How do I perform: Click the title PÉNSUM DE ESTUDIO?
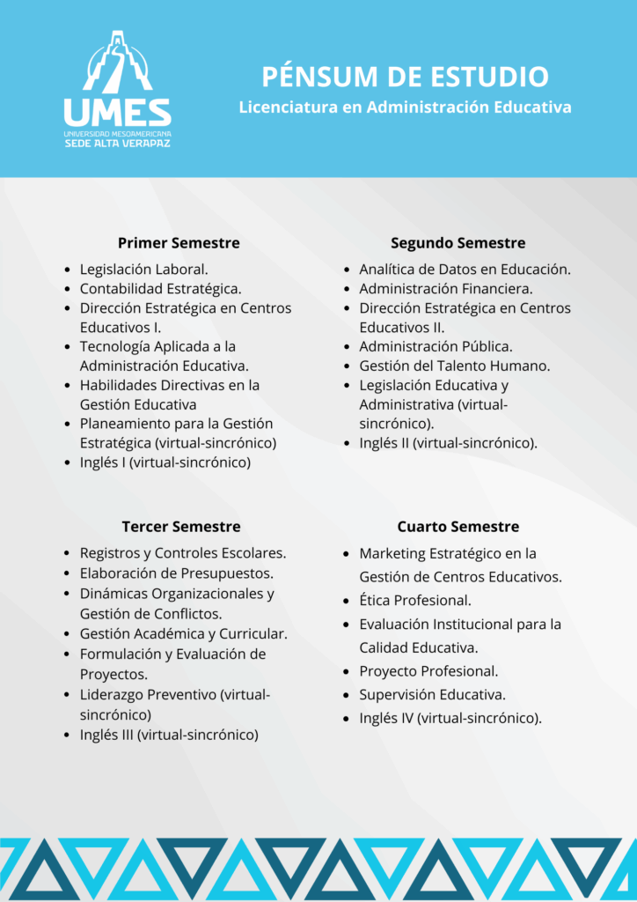click(405, 76)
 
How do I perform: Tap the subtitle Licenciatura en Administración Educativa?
click(405, 107)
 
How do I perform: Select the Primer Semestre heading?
click(179, 243)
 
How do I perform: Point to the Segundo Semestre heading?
click(458, 243)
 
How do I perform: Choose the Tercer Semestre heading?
click(180, 527)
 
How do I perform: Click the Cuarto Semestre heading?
click(458, 527)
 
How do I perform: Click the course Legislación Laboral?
click(143, 270)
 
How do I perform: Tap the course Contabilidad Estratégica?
click(160, 289)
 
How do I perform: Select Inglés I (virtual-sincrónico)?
click(165, 462)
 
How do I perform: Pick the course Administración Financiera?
click(446, 289)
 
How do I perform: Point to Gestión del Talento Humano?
click(454, 366)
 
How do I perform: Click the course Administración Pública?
click(436, 346)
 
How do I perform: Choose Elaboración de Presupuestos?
click(176, 573)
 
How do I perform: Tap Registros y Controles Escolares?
click(182, 554)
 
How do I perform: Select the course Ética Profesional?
click(414, 601)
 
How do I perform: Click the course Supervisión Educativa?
click(432, 694)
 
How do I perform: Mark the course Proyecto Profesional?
click(428, 671)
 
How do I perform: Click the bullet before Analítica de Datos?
click(348, 270)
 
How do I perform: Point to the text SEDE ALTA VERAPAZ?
click(117, 143)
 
